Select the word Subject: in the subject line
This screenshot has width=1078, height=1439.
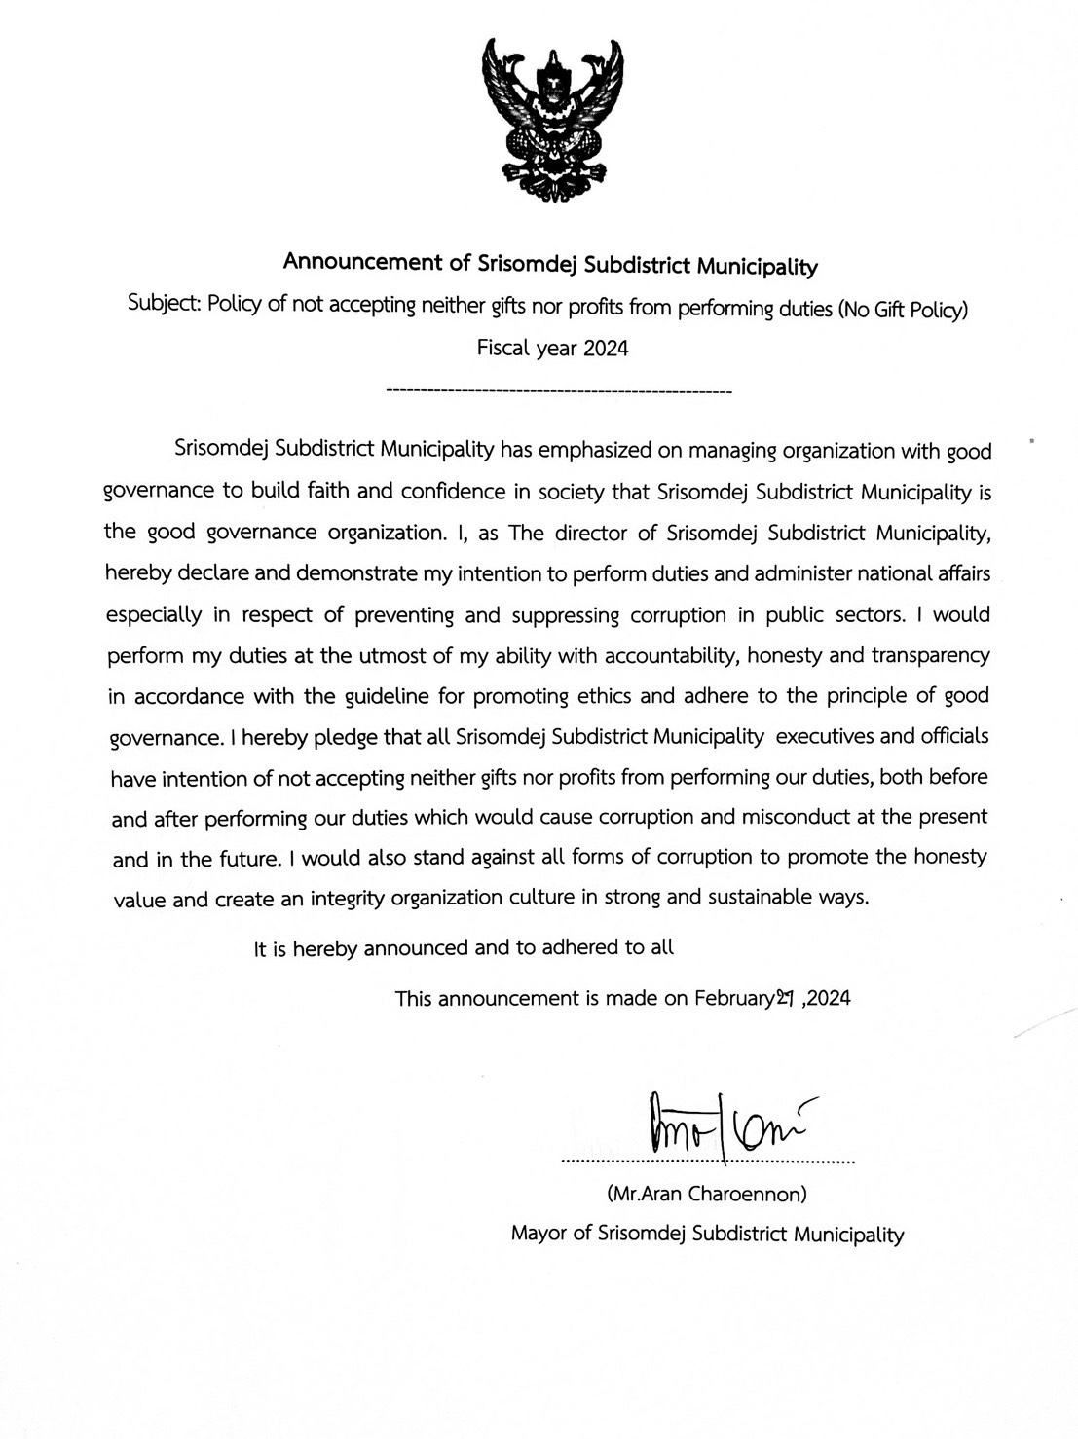pyautogui.click(x=164, y=304)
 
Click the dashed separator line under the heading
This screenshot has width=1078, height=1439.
pyautogui.click(x=559, y=391)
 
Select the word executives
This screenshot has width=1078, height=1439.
pyautogui.click(x=824, y=736)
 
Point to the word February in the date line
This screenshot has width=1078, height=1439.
pyautogui.click(x=733, y=998)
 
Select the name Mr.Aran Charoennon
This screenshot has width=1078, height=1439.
pyautogui.click(x=706, y=1193)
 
